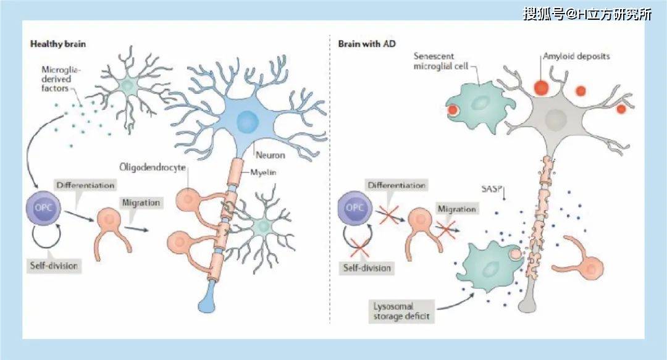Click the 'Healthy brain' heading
pyautogui.click(x=59, y=44)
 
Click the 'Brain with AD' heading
pyautogui.click(x=367, y=44)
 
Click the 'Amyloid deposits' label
pyautogui.click(x=576, y=56)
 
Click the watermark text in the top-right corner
pyautogui.click(x=587, y=14)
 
